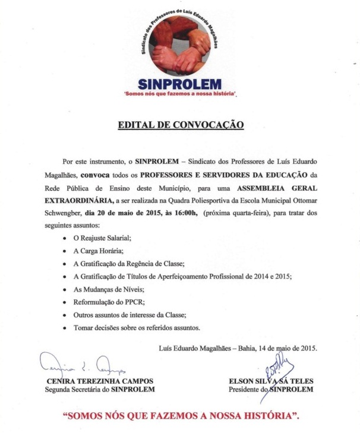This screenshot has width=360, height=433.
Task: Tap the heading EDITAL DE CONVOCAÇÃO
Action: coord(181,126)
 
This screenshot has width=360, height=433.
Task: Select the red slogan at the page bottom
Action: coord(181,415)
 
